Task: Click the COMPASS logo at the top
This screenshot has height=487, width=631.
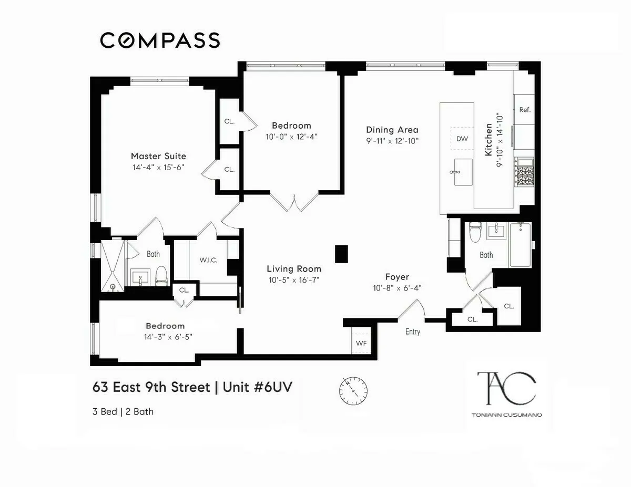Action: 160,40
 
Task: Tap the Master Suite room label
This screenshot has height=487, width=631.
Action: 158,156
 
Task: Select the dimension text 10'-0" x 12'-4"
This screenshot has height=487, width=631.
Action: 291,137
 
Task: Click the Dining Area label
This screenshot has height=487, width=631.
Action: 392,130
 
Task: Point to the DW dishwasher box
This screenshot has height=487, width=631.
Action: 462,139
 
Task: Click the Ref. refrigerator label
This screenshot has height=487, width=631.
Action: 524,110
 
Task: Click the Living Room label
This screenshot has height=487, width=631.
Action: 293,268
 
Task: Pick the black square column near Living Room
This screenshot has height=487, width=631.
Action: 341,254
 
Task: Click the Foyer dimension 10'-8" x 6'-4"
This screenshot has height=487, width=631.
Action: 397,287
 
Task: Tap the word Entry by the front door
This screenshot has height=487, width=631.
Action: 413,332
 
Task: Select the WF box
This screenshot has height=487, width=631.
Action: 361,343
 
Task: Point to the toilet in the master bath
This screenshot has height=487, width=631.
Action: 161,275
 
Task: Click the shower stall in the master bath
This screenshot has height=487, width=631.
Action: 113,266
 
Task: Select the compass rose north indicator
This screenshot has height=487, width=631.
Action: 353,390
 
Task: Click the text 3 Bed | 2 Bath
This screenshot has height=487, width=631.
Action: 123,411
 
